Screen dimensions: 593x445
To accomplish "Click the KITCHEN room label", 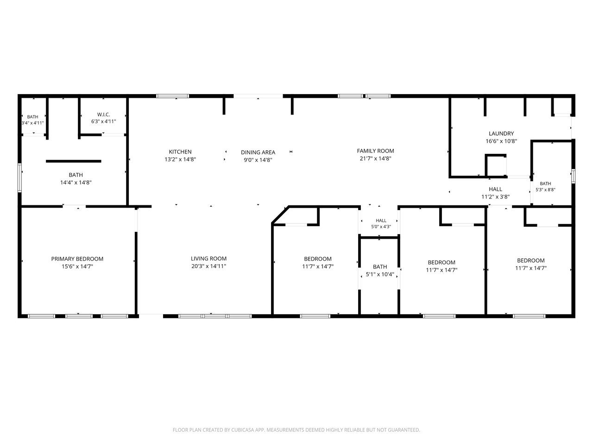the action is pos(180,152).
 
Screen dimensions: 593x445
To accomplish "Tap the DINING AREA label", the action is pos(258,153).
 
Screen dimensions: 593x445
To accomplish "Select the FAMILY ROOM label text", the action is pos(375,151).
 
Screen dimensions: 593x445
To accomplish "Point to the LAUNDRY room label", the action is pos(501,133).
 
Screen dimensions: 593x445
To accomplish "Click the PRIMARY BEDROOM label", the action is pos(77,259).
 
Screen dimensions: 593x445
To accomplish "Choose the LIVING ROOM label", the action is pos(208,259).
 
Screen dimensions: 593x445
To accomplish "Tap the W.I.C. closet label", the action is pos(103,114).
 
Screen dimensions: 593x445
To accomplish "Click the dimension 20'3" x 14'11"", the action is pos(208,266).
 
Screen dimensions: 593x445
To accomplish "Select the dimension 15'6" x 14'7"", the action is pos(77,267).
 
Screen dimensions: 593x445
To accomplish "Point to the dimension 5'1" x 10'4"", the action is pos(380,274).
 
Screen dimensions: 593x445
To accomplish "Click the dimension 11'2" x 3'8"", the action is pos(495,197).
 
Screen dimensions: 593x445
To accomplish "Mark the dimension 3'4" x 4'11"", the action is pos(32,123).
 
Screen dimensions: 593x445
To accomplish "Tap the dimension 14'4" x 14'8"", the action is pos(76,183).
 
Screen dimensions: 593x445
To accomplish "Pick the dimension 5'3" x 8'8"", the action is pos(545,190).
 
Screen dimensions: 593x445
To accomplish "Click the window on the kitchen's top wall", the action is pos(173,96).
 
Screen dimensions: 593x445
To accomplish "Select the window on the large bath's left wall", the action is pos(20,178).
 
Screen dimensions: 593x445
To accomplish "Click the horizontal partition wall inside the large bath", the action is pos(74,161).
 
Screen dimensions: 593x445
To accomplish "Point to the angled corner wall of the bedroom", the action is pos(280,215).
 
